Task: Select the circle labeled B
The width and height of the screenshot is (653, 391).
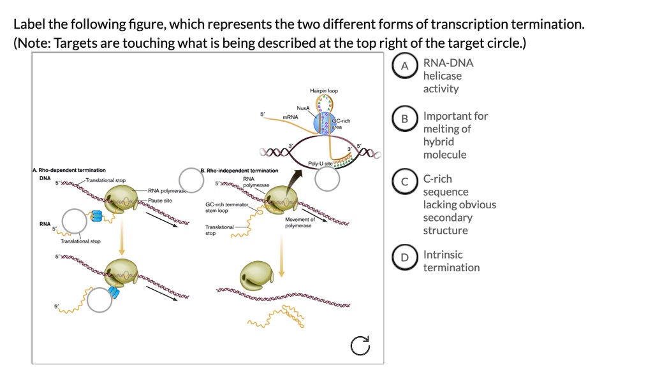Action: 404,120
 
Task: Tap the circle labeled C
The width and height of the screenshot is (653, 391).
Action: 404,182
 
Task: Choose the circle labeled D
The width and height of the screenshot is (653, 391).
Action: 404,258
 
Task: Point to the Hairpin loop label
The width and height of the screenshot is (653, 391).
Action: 324,91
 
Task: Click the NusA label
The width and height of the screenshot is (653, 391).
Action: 303,109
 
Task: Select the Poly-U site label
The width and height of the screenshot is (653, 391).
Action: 319,164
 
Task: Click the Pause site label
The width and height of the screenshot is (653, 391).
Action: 160,200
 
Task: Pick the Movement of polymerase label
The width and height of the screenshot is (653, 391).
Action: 300,222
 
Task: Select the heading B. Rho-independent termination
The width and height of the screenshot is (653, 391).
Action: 239,170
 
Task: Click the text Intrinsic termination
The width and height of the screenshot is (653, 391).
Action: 451,261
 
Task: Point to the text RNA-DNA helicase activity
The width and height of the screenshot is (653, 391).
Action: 448,75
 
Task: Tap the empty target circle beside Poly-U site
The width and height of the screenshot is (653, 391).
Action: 328,180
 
